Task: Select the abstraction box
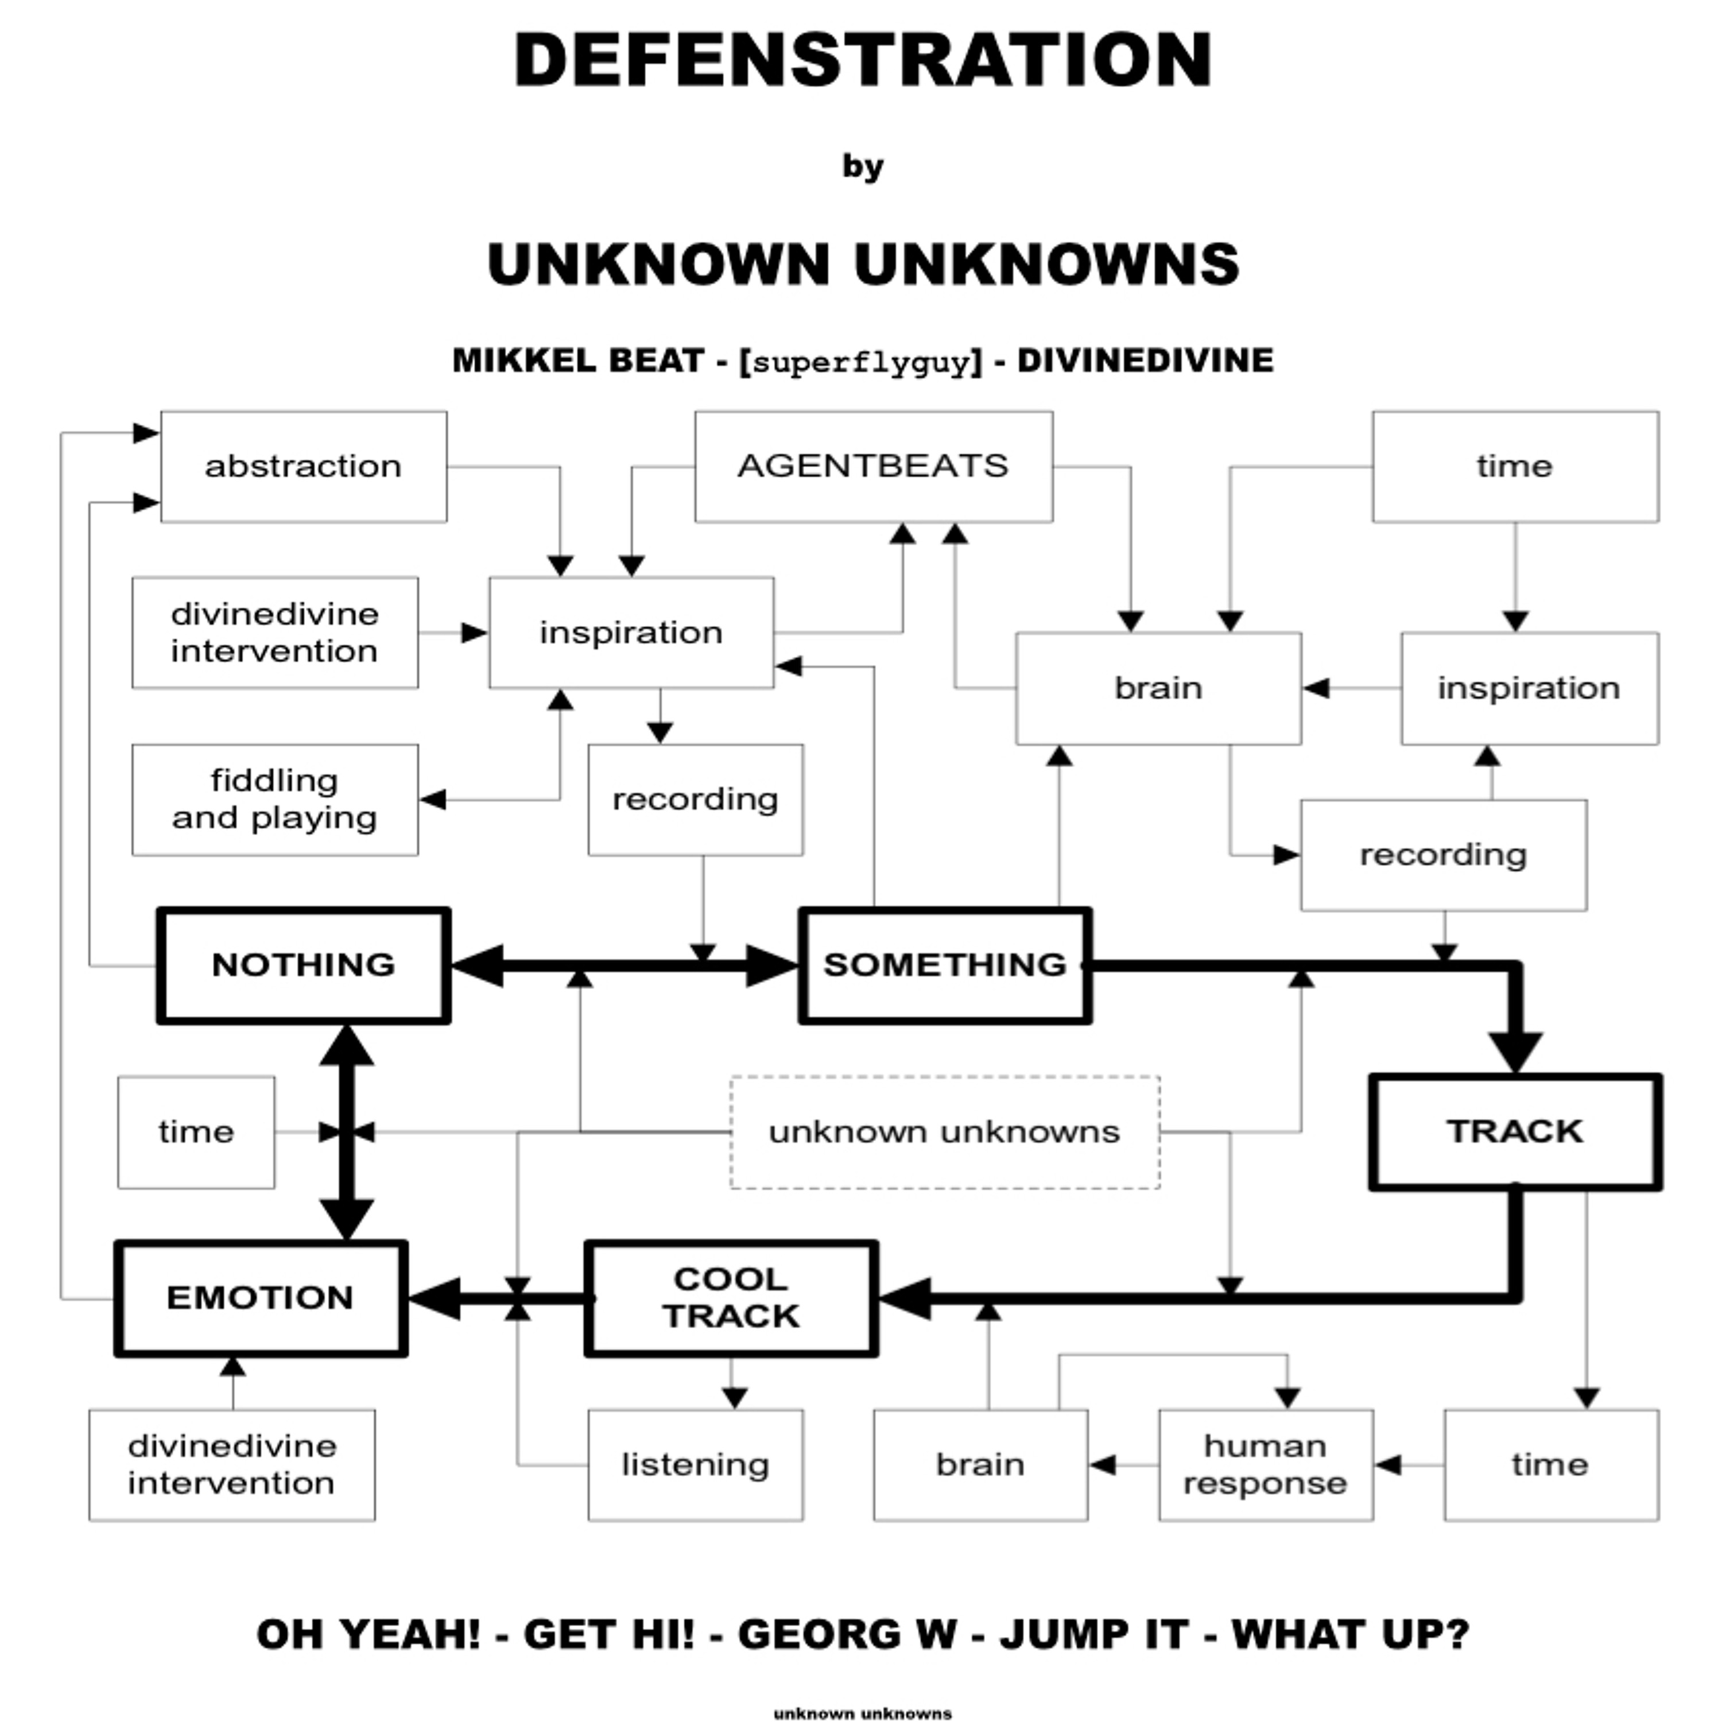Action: [x=303, y=466]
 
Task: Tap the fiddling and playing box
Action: [x=274, y=800]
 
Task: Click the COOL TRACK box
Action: [x=731, y=1298]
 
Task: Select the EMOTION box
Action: [x=260, y=1298]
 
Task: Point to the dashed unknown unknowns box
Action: [x=945, y=1132]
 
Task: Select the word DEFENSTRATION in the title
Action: [x=862, y=61]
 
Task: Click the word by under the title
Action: [x=862, y=166]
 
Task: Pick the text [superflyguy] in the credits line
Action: [x=861, y=362]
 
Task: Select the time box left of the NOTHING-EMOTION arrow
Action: [x=196, y=1132]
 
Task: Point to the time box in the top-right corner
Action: [x=1515, y=466]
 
